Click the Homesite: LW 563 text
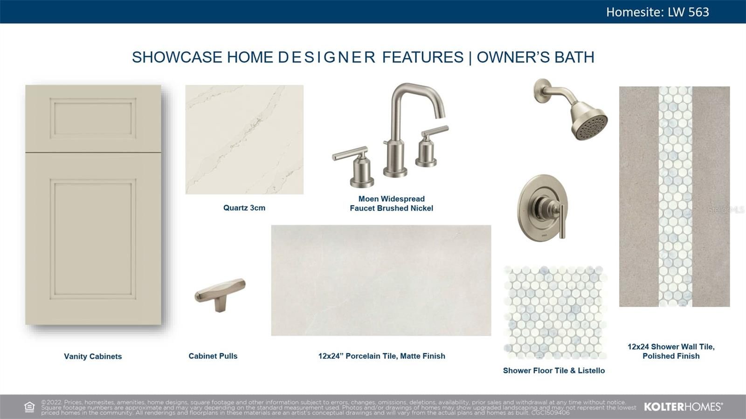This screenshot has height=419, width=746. (657, 12)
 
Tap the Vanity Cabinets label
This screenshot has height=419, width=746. (93, 357)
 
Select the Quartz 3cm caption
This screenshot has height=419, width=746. (244, 208)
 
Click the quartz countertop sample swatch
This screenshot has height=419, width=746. (244, 139)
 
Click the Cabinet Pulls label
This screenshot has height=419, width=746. (213, 356)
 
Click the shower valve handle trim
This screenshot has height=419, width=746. (542, 208)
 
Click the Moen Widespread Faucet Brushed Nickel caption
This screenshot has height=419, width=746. (391, 204)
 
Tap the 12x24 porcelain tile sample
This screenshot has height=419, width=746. (381, 280)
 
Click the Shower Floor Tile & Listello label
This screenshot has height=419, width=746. (554, 371)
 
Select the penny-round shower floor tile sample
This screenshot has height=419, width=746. (555, 312)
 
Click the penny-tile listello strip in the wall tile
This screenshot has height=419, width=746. (676, 196)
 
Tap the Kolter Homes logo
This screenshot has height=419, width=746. (684, 407)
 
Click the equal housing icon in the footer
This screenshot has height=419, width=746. (29, 407)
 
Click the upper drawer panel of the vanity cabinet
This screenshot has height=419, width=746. (93, 118)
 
